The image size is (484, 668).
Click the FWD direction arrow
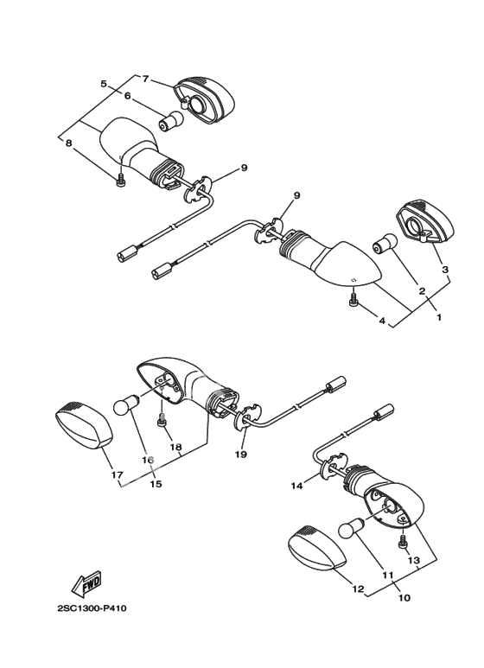click(x=87, y=583)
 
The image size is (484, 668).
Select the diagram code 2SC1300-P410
click(x=92, y=608)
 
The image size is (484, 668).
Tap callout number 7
click(x=145, y=79)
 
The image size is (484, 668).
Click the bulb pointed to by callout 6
click(x=170, y=120)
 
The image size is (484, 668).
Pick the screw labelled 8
click(x=121, y=180)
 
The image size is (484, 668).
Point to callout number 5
click(x=104, y=84)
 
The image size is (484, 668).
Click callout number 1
click(x=438, y=317)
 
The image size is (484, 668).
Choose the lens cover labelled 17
click(x=84, y=424)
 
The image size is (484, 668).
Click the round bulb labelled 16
click(x=125, y=404)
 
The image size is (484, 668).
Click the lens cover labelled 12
click(x=318, y=547)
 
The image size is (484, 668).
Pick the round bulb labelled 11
click(x=351, y=527)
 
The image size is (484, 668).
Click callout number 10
click(x=404, y=598)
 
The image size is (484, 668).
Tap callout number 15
click(x=156, y=484)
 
